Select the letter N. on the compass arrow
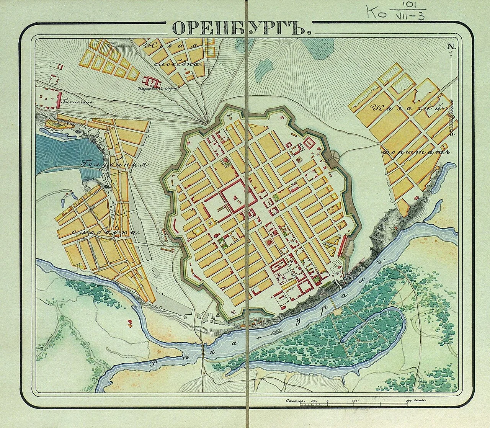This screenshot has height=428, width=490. (x=452, y=47)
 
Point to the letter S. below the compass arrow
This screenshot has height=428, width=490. (x=452, y=133)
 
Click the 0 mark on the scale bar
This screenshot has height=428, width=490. (x=327, y=401)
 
